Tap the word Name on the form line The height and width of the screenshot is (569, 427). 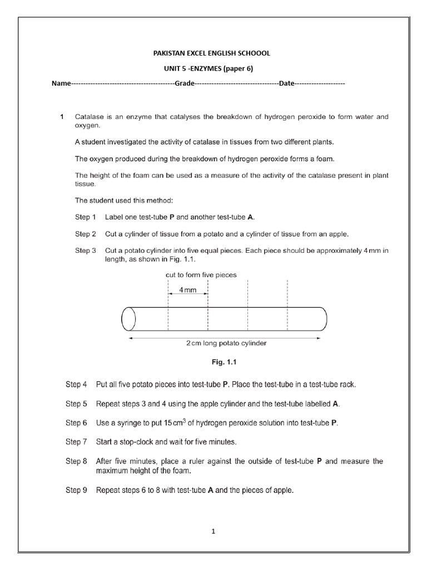click(x=61, y=83)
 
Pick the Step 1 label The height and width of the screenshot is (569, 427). click(x=86, y=217)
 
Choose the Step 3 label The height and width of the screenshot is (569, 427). click(x=86, y=251)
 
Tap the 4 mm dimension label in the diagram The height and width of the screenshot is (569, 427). click(x=187, y=291)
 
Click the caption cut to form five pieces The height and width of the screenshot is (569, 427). click(x=201, y=274)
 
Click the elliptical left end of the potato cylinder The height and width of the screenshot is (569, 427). click(x=128, y=318)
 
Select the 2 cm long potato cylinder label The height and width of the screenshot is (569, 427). click(x=226, y=343)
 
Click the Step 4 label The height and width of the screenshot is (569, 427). click(x=76, y=384)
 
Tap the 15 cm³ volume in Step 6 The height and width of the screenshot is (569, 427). click(x=180, y=422)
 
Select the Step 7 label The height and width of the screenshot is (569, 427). click(x=76, y=442)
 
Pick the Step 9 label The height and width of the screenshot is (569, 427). click(x=76, y=491)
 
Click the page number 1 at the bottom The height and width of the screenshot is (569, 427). click(x=213, y=531)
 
